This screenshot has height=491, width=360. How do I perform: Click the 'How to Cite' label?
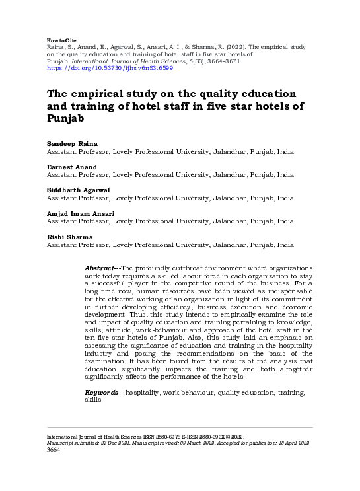point(63,40)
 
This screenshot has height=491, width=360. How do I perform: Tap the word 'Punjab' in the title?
point(65,120)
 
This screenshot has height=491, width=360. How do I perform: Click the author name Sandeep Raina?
point(70,143)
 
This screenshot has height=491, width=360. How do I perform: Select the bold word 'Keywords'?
point(102,393)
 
